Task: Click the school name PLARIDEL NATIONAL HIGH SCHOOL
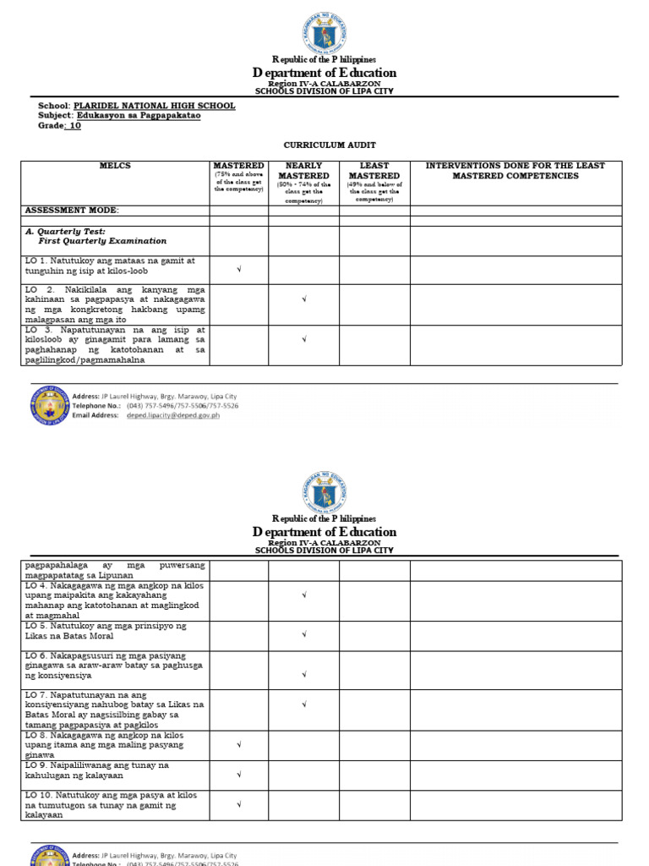pyautogui.click(x=155, y=106)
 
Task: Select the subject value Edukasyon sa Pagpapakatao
pyautogui.click(x=139, y=115)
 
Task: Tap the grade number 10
pyautogui.click(x=75, y=125)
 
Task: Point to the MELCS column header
pyautogui.click(x=115, y=166)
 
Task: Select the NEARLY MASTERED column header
pyautogui.click(x=303, y=171)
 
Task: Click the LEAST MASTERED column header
pyautogui.click(x=374, y=171)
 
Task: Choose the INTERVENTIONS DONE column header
pyautogui.click(x=515, y=171)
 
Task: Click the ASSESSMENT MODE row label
pyautogui.click(x=73, y=210)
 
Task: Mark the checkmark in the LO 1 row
pyautogui.click(x=239, y=270)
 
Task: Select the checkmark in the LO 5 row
pyautogui.click(x=303, y=634)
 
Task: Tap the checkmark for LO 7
pyautogui.click(x=303, y=704)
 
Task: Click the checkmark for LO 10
pyautogui.click(x=239, y=805)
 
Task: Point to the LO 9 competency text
pyautogui.click(x=98, y=770)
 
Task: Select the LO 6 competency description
pyautogui.click(x=106, y=666)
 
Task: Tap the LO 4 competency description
pyautogui.click(x=115, y=600)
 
